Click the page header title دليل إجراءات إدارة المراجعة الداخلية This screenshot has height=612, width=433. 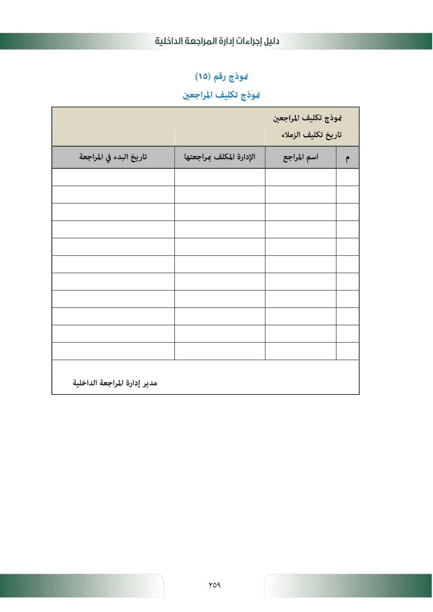[217, 41]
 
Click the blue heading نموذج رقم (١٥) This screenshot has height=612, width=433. [221, 77]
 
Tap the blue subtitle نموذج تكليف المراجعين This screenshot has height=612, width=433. [221, 95]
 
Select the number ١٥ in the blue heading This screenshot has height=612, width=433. [203, 77]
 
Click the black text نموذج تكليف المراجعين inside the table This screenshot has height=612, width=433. [307, 118]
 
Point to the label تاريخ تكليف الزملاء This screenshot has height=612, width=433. [311, 135]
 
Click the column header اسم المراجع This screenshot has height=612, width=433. [301, 157]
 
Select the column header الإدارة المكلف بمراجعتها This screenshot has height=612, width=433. [220, 157]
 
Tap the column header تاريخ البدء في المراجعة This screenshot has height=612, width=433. [113, 157]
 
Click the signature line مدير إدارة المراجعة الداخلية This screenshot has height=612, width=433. [115, 383]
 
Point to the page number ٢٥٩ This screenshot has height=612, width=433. [214, 585]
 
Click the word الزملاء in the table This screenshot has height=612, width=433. [291, 135]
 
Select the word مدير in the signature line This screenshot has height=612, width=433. [150, 383]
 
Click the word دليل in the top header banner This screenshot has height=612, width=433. [271, 41]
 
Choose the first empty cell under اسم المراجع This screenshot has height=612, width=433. [301, 177]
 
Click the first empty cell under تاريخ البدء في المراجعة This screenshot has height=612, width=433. [113, 177]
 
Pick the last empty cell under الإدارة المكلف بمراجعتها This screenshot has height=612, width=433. [220, 351]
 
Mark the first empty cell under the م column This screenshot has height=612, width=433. [348, 177]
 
